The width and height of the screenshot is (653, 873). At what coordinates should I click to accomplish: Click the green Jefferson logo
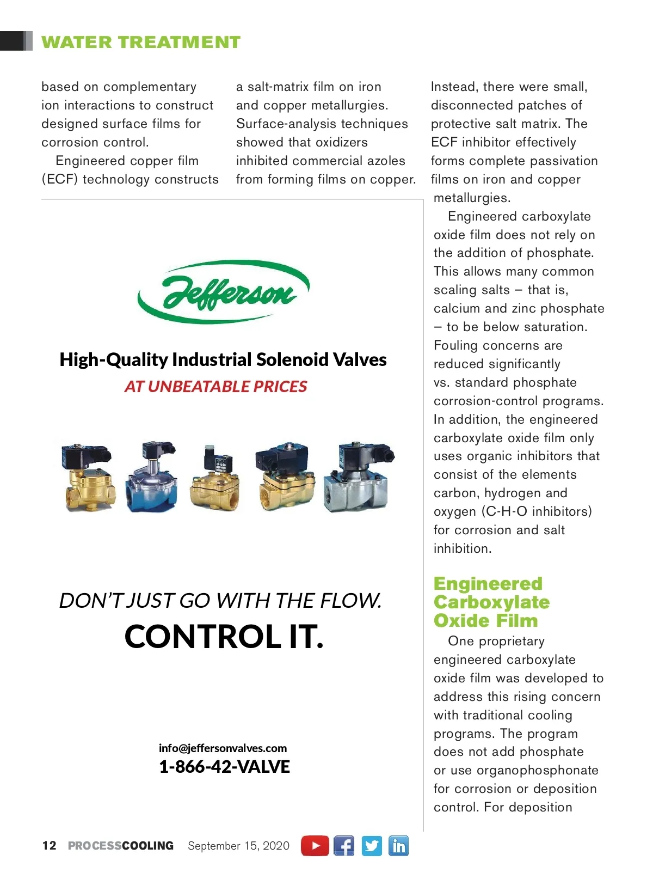[x=224, y=292]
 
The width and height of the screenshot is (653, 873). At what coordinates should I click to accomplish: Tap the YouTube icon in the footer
[x=315, y=846]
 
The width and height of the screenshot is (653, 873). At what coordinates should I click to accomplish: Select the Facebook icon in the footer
[x=343, y=846]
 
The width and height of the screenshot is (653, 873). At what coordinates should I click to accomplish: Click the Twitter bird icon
[x=372, y=846]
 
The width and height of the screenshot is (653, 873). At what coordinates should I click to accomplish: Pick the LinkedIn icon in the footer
[x=398, y=846]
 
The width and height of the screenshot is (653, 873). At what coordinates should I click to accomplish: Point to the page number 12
[x=49, y=845]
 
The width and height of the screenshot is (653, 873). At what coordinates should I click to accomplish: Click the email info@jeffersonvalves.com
[x=223, y=748]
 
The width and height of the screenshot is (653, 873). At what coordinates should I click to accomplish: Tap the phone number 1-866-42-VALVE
[x=224, y=767]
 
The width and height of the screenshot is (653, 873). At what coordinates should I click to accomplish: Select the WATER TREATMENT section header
[x=140, y=42]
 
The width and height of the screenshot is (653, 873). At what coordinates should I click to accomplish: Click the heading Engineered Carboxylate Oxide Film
[x=491, y=602]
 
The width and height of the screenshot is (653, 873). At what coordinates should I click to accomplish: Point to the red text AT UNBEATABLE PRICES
[x=215, y=386]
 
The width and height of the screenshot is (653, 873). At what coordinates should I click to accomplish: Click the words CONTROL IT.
[x=224, y=636]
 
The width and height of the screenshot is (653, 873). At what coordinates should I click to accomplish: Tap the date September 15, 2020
[x=238, y=846]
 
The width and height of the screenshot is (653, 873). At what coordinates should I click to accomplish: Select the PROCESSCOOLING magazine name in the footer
[x=120, y=846]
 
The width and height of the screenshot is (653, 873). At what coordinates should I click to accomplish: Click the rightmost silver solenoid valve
[x=358, y=478]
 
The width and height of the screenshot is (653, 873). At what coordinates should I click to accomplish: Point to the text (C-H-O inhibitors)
[x=537, y=511]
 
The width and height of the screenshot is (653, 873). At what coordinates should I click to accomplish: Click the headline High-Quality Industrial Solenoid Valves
[x=223, y=359]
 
